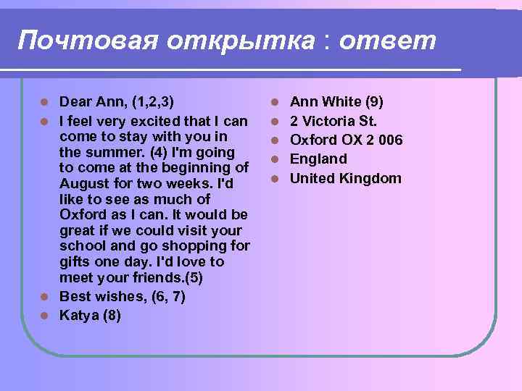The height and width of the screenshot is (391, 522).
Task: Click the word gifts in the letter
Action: [x=76, y=262]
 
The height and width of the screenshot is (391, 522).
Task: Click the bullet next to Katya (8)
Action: [x=45, y=315]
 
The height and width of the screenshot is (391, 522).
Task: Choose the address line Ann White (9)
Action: [x=336, y=101]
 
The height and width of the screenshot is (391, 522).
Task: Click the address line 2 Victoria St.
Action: [x=333, y=120]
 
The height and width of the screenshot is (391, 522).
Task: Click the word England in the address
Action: [x=318, y=159]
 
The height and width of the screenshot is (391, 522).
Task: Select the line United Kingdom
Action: [x=345, y=178]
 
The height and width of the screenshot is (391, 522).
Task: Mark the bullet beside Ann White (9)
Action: [x=275, y=101]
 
